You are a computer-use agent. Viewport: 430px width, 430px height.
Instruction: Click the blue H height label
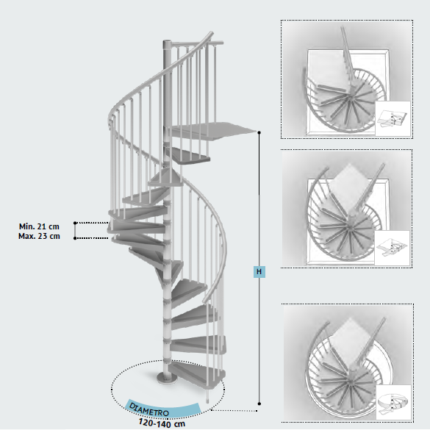click(259, 271)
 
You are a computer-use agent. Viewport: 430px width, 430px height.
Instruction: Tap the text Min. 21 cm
click(39, 226)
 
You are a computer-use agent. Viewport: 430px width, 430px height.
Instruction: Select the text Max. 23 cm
click(39, 236)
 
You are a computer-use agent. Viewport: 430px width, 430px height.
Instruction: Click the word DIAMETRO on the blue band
click(148, 409)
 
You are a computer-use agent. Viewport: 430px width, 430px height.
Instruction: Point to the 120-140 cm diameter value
click(162, 423)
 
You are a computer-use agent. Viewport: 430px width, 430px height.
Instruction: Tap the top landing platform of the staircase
click(211, 131)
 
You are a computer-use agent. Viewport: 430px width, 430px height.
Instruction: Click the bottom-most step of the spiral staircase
click(197, 373)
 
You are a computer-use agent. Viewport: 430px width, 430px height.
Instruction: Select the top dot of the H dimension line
click(259, 132)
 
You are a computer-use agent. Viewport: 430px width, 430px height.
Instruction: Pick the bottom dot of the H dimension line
click(259, 404)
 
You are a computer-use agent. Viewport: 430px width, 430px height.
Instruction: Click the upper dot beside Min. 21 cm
click(75, 223)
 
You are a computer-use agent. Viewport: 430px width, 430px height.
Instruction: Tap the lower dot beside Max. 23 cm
click(75, 238)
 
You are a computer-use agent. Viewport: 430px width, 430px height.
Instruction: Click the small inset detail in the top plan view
click(393, 118)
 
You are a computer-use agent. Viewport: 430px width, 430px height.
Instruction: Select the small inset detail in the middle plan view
click(393, 248)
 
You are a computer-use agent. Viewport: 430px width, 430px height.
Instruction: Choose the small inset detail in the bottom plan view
click(393, 402)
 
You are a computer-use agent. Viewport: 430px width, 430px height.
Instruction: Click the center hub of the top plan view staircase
click(350, 98)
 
